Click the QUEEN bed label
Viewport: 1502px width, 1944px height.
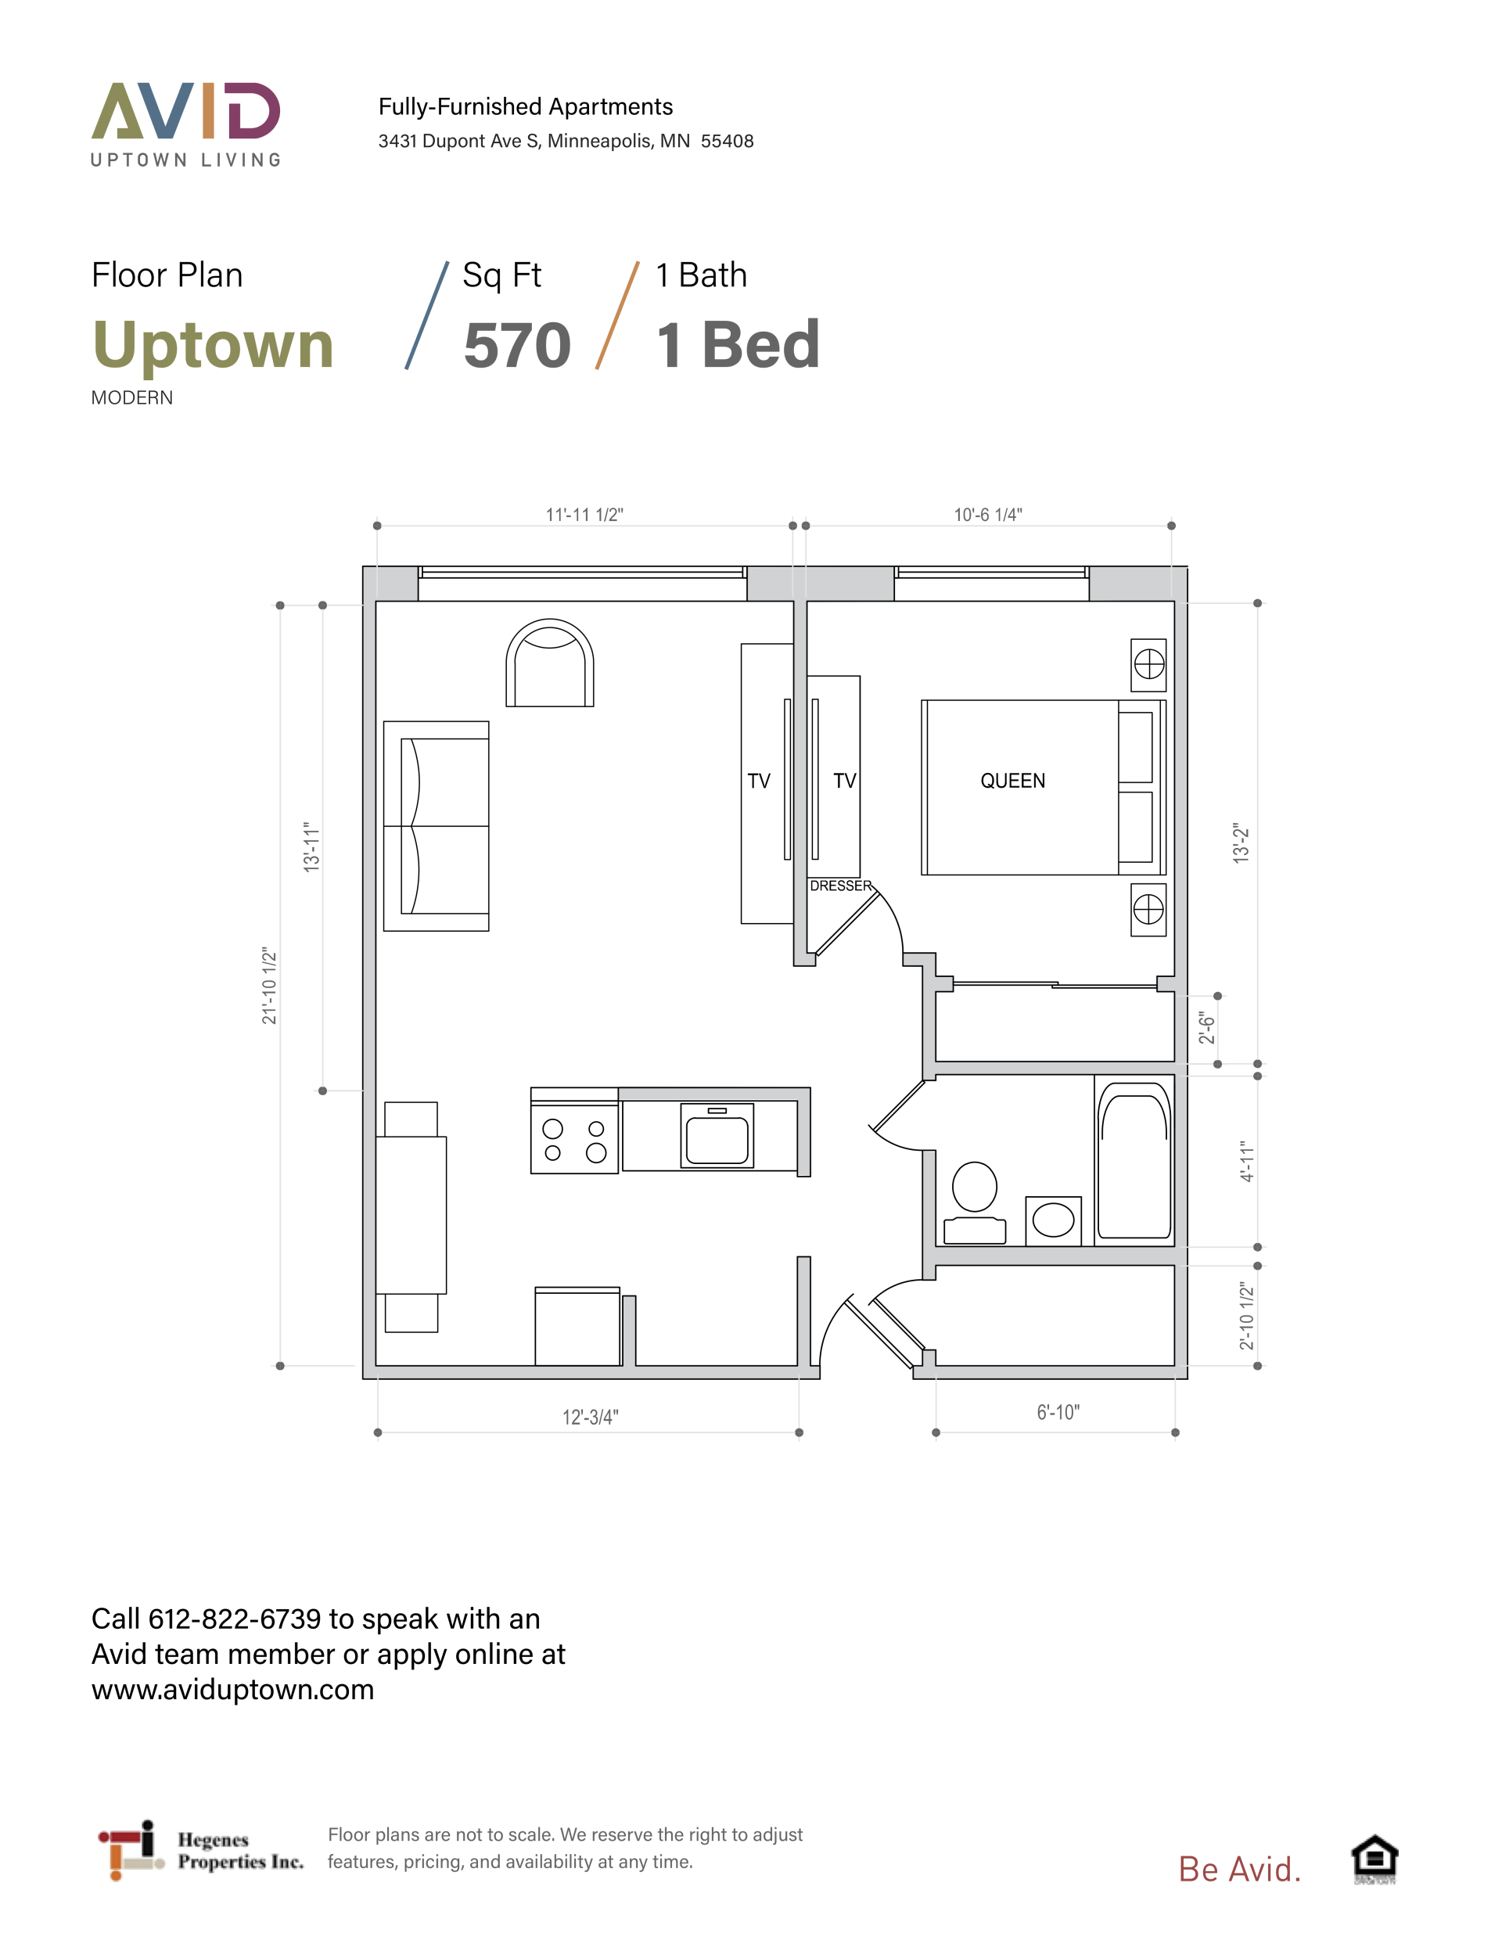click(1012, 781)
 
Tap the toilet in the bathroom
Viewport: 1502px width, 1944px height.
click(975, 1202)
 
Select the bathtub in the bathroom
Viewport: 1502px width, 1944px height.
click(1134, 1161)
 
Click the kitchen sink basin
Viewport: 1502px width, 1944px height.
click(717, 1136)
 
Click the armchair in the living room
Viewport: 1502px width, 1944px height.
click(549, 663)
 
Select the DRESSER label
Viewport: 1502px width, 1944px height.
click(840, 886)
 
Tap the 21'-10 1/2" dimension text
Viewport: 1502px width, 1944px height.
click(269, 986)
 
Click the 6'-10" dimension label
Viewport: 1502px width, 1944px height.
click(1058, 1412)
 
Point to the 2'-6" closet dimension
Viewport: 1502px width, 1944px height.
click(1206, 1027)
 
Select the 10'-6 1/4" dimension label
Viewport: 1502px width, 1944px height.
click(987, 515)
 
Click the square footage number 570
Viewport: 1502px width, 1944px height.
click(517, 345)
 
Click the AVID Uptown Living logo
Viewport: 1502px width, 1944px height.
click(186, 124)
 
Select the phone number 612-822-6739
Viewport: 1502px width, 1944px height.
click(234, 1619)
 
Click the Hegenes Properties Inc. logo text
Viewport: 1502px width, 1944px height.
click(240, 1851)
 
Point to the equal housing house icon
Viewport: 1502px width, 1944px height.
click(1374, 1860)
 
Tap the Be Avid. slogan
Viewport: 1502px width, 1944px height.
click(1239, 1869)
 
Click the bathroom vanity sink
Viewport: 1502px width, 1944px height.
click(1053, 1220)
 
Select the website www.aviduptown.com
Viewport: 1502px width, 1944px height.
click(232, 1690)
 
